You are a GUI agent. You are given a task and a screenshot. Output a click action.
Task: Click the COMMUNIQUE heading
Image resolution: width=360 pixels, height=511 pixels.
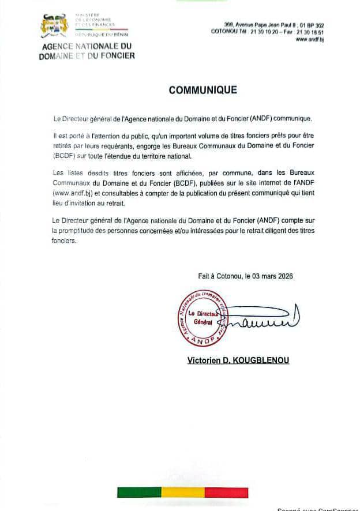click(202, 90)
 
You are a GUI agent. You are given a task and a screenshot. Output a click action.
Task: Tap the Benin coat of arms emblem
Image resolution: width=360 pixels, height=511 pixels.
click(55, 26)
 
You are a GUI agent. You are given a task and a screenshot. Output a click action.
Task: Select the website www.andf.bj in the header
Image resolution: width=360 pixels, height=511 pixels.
click(310, 40)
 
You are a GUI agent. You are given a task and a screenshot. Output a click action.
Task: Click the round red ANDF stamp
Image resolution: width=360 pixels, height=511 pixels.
click(202, 318)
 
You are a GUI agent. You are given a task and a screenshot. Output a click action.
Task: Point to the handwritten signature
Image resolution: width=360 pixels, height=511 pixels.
click(262, 319)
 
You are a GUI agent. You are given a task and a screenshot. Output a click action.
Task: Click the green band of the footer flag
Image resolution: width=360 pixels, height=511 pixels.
click(139, 492)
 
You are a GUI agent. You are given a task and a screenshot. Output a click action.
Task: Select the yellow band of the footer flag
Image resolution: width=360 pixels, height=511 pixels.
click(182, 492)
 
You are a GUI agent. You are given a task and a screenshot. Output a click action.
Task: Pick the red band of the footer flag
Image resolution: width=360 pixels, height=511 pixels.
click(226, 492)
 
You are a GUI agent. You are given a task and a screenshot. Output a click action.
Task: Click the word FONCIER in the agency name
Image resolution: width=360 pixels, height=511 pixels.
click(115, 56)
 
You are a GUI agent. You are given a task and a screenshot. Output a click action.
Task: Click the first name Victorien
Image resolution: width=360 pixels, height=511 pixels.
click(205, 360)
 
